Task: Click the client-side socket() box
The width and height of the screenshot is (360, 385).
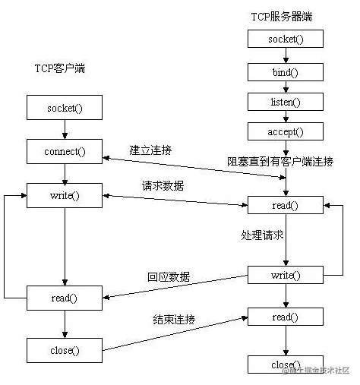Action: point(65,107)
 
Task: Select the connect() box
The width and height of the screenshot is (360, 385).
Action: point(65,151)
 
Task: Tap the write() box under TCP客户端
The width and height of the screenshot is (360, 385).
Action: point(65,195)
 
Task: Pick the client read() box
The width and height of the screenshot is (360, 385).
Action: point(65,298)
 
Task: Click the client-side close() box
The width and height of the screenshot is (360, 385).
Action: point(65,350)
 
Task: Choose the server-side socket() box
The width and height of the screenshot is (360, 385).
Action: point(286,39)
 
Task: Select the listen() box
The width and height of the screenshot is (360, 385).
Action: point(286,101)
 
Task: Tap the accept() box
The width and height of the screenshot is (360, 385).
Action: point(286,131)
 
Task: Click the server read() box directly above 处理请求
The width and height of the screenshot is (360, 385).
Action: point(286,206)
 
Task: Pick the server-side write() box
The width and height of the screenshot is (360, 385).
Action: point(286,275)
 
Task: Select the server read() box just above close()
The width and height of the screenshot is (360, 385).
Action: point(286,317)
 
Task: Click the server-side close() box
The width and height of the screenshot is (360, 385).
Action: point(286,364)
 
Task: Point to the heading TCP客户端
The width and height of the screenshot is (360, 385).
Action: point(60,68)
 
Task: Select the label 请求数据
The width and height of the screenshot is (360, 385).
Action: point(163,185)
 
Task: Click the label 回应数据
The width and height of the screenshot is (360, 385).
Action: point(169,276)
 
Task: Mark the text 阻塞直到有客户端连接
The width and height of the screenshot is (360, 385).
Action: point(280,162)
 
